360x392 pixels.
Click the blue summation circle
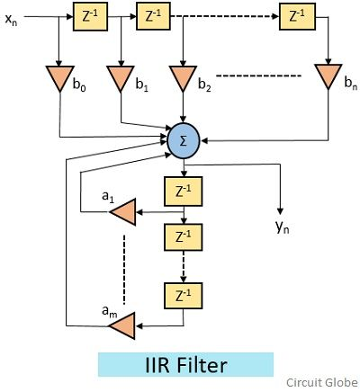(x=183, y=140)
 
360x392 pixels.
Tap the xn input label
(x=12, y=20)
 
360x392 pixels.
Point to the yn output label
(x=283, y=227)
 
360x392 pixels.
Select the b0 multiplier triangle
(x=60, y=78)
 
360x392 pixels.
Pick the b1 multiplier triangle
(x=121, y=78)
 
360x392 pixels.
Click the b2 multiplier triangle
(x=183, y=78)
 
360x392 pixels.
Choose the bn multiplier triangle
(x=328, y=76)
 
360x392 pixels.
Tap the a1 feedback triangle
(x=123, y=211)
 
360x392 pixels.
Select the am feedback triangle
(x=122, y=325)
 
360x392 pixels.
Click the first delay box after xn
(x=90, y=17)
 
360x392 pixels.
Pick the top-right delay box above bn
(x=297, y=16)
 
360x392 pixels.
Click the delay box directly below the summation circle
(x=183, y=192)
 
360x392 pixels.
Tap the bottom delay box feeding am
(x=183, y=296)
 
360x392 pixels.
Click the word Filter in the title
(x=202, y=365)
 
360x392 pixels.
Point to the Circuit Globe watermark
(x=321, y=383)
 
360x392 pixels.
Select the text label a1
(x=108, y=197)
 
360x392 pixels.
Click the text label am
(x=110, y=311)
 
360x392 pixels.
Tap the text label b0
(x=79, y=85)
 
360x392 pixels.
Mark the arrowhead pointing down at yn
(x=280, y=211)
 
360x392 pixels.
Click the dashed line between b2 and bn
(x=258, y=76)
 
